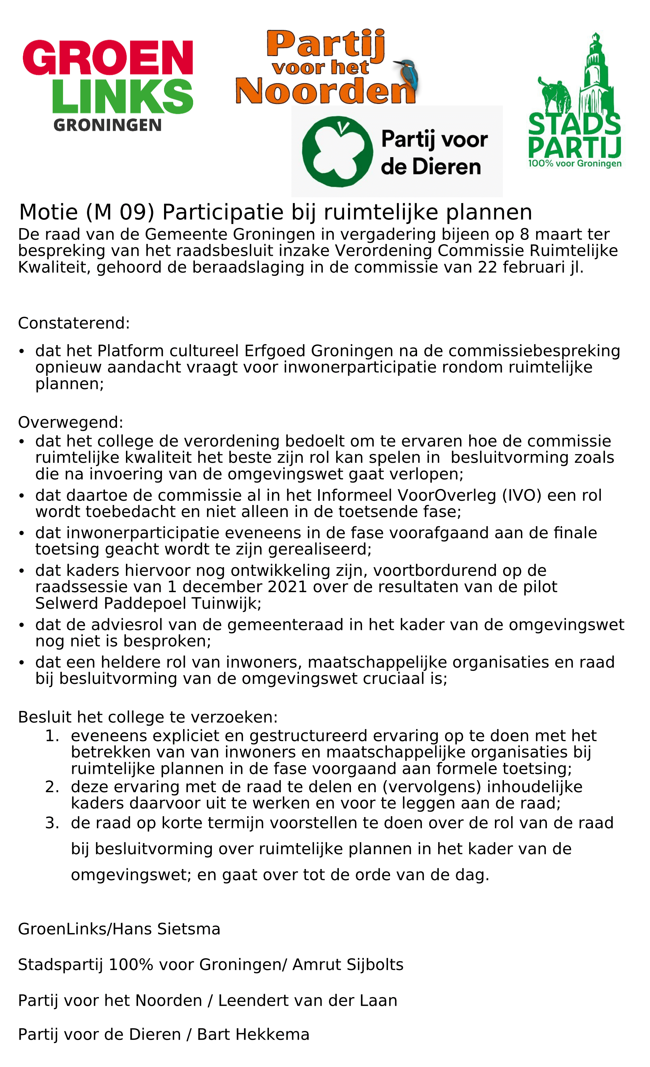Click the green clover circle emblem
[337, 151]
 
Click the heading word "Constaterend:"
[74, 323]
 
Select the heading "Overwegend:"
[71, 422]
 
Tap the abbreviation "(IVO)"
[522, 495]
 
